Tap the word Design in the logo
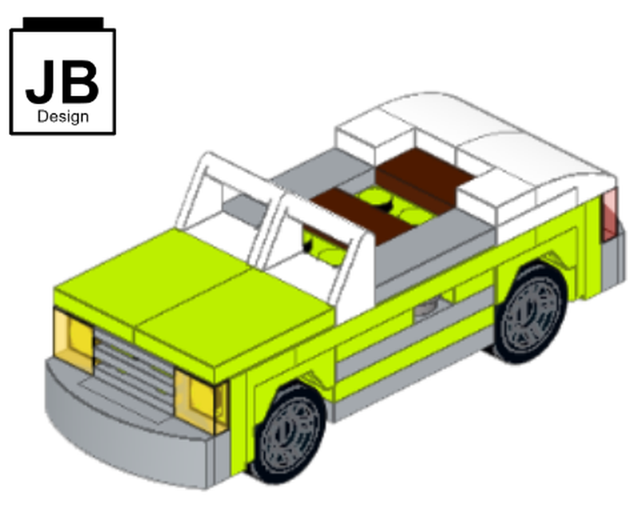63,117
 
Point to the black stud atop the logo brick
63,24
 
